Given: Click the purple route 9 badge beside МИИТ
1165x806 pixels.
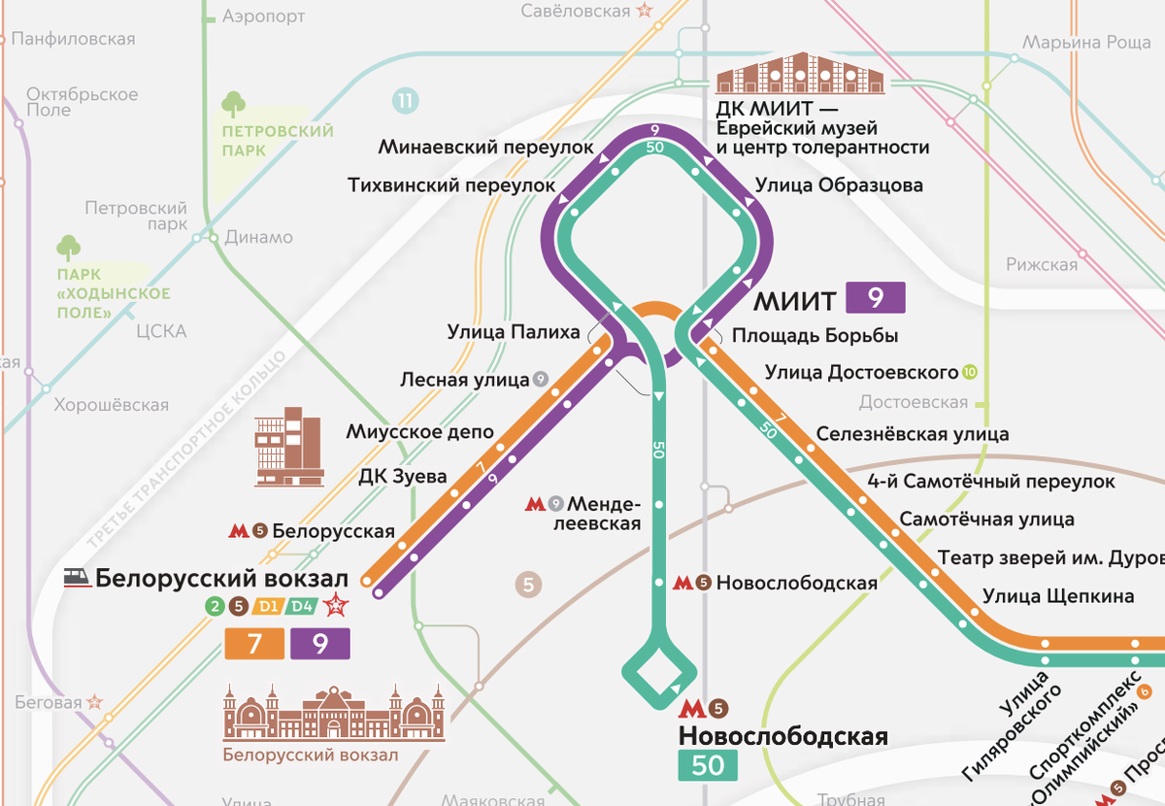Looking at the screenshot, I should (x=875, y=298).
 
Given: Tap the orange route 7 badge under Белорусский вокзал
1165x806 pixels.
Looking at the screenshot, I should (x=254, y=644).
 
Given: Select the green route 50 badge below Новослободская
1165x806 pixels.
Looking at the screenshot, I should (x=708, y=765).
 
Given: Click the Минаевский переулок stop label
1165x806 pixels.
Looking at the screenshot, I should (x=485, y=148).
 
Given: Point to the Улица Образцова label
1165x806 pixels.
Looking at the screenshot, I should (x=838, y=185).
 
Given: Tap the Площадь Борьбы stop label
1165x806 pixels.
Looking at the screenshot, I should (x=815, y=336).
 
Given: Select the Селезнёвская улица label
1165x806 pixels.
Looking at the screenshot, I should (x=912, y=434).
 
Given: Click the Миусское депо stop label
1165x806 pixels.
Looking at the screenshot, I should (x=419, y=431).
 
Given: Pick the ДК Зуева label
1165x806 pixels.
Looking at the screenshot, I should (x=402, y=476).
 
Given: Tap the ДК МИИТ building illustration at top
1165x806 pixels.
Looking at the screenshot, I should (x=800, y=74).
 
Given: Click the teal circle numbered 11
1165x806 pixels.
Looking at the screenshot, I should (x=406, y=99).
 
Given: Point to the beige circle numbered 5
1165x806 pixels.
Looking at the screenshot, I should (x=528, y=585).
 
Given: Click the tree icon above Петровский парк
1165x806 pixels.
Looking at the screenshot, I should (x=234, y=104).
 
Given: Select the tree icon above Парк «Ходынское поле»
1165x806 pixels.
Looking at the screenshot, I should (x=69, y=248).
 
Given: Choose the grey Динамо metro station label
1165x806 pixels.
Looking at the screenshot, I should (x=257, y=237).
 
